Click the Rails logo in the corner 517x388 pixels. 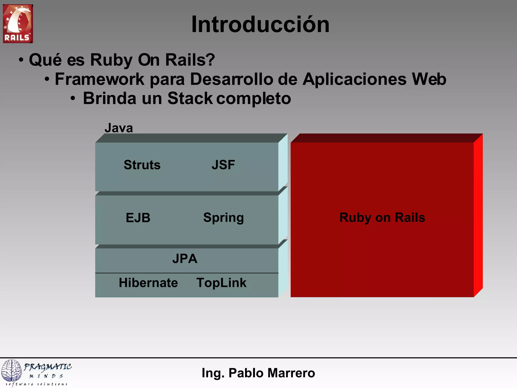coord(18,23)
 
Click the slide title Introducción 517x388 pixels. coord(260,24)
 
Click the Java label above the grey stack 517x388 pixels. coord(119,128)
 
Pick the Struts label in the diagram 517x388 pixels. coord(142,165)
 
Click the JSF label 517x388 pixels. coord(223,165)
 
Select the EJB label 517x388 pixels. coord(138,218)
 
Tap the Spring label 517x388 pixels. coord(223,218)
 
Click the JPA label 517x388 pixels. coord(185,259)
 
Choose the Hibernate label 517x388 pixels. coord(148,283)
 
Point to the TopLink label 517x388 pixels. coord(221,283)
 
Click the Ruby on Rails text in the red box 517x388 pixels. coord(382,217)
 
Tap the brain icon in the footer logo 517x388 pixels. coord(12,370)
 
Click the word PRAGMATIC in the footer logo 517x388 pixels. coord(48,367)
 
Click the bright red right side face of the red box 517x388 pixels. coord(478,215)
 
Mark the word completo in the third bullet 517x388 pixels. coord(254,98)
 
